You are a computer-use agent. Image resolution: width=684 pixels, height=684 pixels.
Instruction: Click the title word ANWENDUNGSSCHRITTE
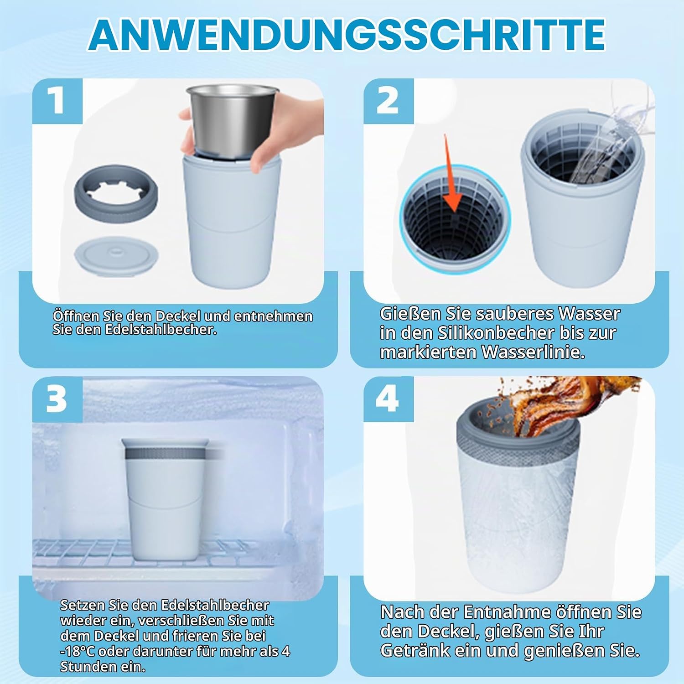coord(347,35)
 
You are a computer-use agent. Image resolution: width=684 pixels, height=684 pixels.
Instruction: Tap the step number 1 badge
coord(57,101)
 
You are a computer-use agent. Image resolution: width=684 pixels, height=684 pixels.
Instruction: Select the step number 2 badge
coord(389,101)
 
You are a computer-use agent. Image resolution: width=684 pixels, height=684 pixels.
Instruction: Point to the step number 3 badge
coord(57,399)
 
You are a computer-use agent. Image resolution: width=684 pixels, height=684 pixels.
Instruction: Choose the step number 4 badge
coord(389,399)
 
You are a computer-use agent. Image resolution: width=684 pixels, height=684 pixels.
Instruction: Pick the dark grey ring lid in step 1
coord(116,195)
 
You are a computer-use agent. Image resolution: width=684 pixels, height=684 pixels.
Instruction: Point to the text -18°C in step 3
coord(78,651)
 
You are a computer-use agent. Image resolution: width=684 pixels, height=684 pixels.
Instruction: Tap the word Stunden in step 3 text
coord(88,667)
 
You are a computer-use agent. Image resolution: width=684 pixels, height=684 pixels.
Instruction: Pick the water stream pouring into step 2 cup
coord(606,146)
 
